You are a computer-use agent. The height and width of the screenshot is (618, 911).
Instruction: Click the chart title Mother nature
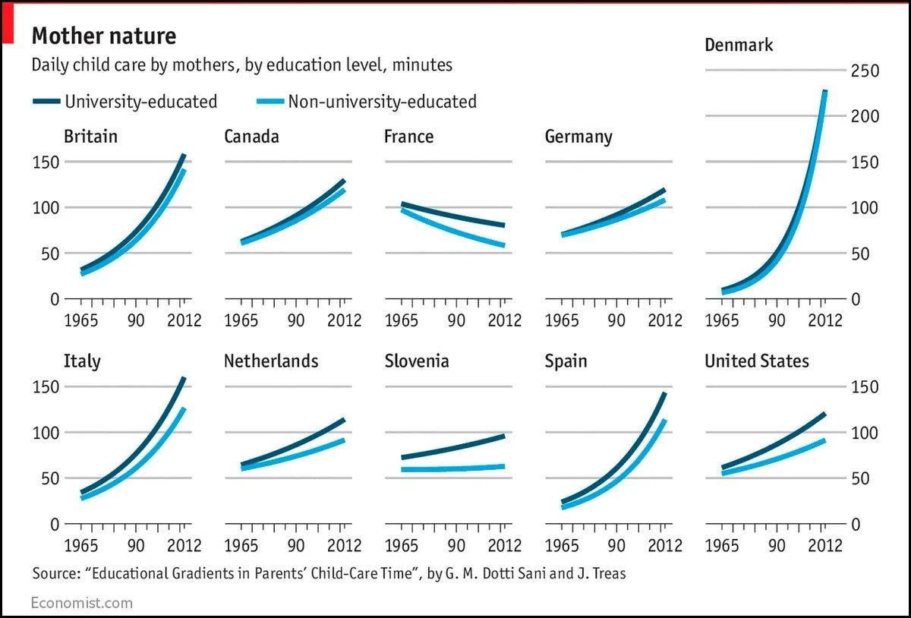pyautogui.click(x=103, y=36)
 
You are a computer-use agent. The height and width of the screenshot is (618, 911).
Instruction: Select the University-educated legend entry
pyautogui.click(x=140, y=101)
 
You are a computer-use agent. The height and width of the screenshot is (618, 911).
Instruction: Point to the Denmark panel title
pyautogui.click(x=739, y=45)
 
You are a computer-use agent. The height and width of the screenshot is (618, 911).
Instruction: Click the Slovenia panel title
pyautogui.click(x=417, y=361)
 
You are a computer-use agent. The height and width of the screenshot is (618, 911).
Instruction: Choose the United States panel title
pyautogui.click(x=757, y=361)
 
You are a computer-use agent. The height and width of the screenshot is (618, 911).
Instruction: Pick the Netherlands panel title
pyautogui.click(x=271, y=361)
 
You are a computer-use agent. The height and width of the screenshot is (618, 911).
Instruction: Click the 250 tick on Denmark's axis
pyautogui.click(x=864, y=71)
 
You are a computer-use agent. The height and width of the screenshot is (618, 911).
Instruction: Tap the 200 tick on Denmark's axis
pyautogui.click(x=864, y=116)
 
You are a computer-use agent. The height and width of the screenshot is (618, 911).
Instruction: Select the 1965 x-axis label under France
pyautogui.click(x=402, y=320)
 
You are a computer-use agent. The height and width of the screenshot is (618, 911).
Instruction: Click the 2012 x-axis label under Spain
pyautogui.click(x=665, y=545)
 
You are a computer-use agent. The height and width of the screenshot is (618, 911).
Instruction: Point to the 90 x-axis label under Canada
pyautogui.click(x=297, y=320)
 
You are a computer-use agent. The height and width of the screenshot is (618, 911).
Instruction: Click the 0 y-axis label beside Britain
pyautogui.click(x=54, y=299)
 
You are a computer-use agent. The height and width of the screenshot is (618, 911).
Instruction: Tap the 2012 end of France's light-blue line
pyautogui.click(x=502, y=245)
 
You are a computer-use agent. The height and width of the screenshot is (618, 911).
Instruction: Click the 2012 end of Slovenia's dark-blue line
pyautogui.click(x=502, y=436)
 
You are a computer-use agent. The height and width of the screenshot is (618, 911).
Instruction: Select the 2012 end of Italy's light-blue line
pyautogui.click(x=182, y=410)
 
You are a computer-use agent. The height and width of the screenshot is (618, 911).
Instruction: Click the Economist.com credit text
pyautogui.click(x=82, y=603)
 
